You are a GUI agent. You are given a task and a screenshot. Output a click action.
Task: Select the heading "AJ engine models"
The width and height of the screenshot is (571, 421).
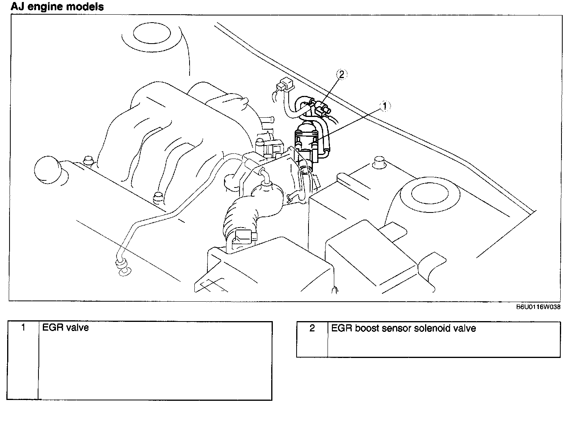click(57, 7)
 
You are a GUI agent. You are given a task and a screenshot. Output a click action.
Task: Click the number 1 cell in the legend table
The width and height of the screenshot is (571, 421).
click(23, 328)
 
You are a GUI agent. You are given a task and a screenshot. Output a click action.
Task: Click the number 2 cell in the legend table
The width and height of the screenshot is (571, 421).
click(312, 329)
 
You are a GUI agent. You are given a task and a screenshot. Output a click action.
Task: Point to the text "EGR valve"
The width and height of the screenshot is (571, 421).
click(65, 328)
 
